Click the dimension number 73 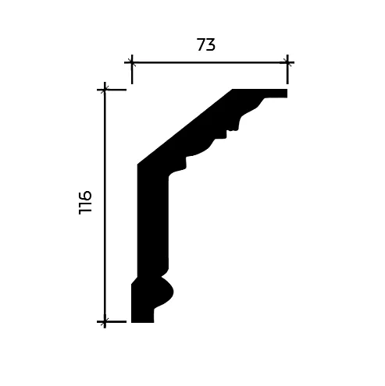[x=205, y=45]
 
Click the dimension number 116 [x=85, y=202]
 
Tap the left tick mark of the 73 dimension [x=131, y=61]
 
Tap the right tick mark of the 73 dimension [x=287, y=61]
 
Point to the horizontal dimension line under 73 [x=209, y=61]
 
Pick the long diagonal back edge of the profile [x=185, y=127]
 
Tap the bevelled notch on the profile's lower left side [x=134, y=279]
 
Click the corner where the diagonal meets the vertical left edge [x=138, y=165]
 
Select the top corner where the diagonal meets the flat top [x=233, y=90]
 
